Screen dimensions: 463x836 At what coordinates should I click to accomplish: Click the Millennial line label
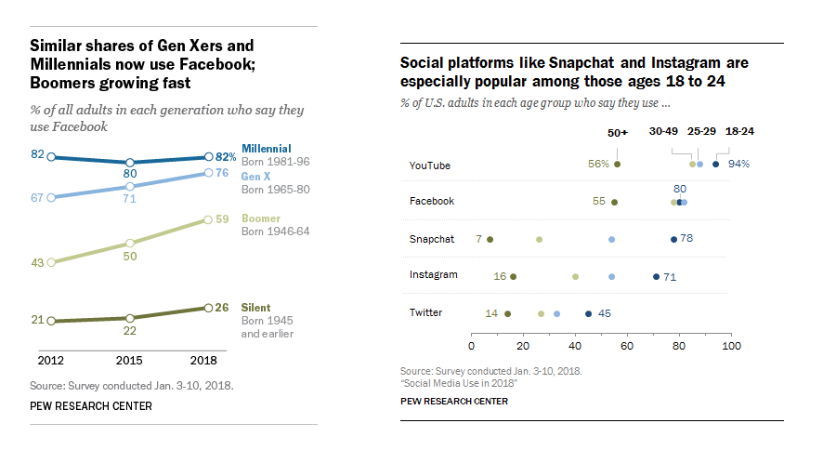click(267, 149)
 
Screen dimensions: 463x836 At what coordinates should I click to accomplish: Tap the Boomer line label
click(261, 218)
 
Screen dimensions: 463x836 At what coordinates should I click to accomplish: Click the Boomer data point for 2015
click(130, 244)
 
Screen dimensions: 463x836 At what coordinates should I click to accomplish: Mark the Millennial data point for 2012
click(51, 156)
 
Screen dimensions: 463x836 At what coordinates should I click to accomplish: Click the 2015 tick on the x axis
click(130, 359)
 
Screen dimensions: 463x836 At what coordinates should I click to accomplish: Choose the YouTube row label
click(430, 165)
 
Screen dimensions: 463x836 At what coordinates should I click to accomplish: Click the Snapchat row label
click(432, 239)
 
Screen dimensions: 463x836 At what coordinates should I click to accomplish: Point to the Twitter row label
click(425, 312)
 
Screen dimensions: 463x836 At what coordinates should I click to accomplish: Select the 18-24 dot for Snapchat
click(673, 239)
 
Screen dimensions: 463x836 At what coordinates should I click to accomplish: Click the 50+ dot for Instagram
click(513, 276)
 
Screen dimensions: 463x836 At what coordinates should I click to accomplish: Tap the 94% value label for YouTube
click(739, 165)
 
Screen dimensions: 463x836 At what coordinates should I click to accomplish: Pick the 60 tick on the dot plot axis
click(627, 347)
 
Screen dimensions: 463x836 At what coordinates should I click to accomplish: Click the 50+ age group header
click(618, 132)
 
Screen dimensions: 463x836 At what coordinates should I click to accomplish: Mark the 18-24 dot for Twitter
click(588, 313)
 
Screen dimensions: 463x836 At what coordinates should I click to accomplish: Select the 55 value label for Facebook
click(598, 201)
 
